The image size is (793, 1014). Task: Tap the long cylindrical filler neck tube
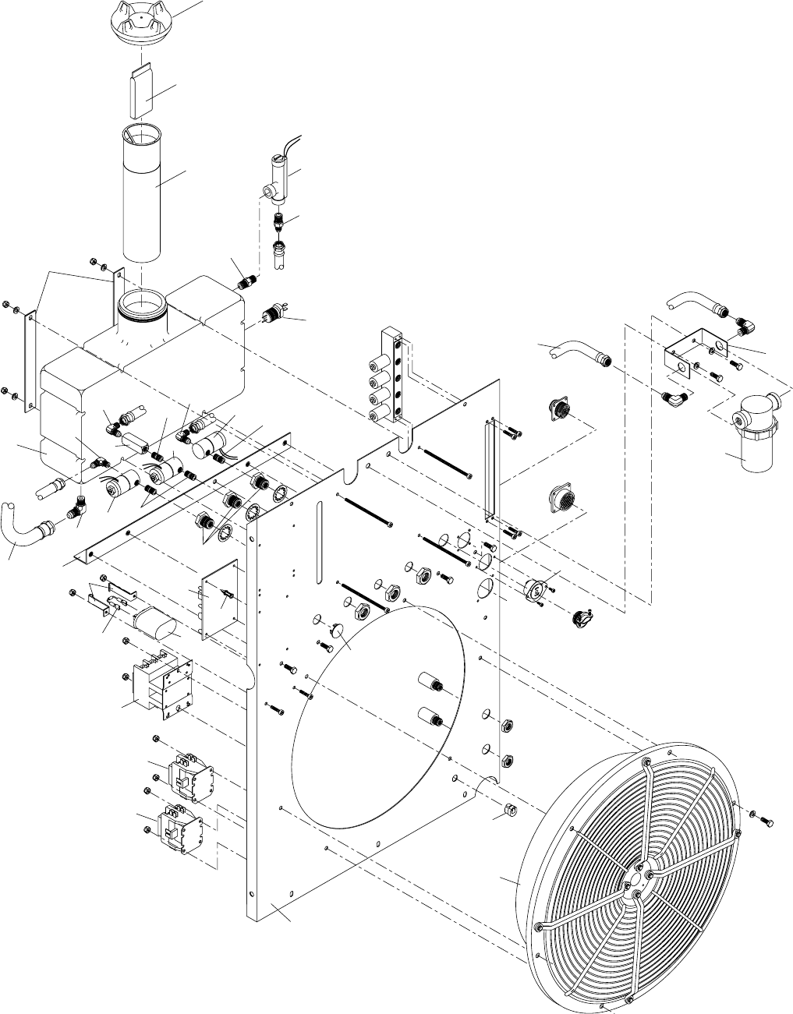click(143, 195)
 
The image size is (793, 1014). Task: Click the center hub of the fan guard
click(637, 881)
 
